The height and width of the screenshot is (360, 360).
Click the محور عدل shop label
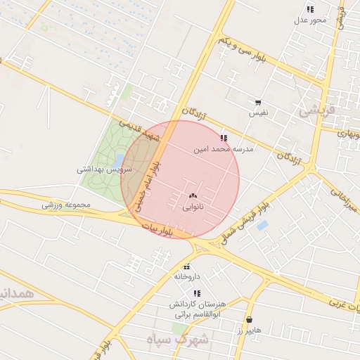[x=311, y=20]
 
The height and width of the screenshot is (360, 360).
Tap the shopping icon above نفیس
[x=258, y=103]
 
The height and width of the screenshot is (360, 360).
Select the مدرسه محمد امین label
[x=224, y=149]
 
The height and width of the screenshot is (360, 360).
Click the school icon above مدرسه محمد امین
[x=224, y=139]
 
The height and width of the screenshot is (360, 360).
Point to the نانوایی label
[x=193, y=207]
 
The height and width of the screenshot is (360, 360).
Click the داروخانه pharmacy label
[x=187, y=277]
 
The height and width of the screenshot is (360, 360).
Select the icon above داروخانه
[x=187, y=266]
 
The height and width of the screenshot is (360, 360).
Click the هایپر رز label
[x=249, y=330]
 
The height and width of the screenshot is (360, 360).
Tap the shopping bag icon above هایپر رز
[x=250, y=319]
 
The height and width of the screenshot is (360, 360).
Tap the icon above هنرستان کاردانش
[x=198, y=293]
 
